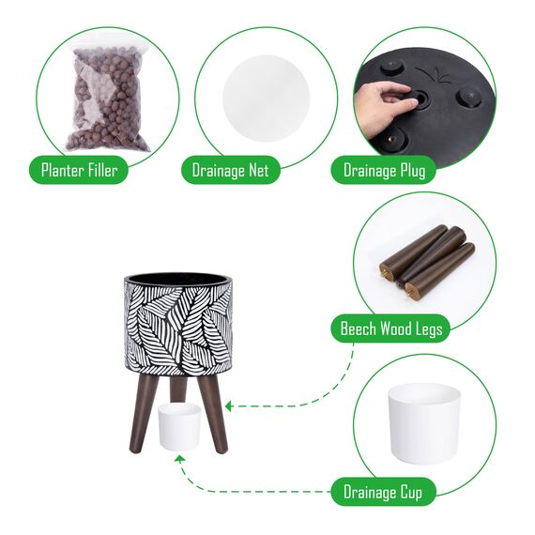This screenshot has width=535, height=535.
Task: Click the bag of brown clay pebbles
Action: pyautogui.click(x=108, y=99)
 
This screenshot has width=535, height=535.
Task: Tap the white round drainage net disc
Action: pyautogui.click(x=267, y=98)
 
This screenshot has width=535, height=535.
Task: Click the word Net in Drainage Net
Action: pyautogui.click(x=258, y=170)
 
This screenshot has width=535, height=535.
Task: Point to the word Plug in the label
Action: pyautogui.click(x=413, y=171)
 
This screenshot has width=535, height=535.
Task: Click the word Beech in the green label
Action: pyautogui.click(x=359, y=329)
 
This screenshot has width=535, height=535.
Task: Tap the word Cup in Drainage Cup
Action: pyautogui.click(x=411, y=493)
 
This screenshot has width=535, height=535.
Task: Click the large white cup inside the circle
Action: pyautogui.click(x=424, y=423)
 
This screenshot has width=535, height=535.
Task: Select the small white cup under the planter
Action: pyautogui.click(x=179, y=426)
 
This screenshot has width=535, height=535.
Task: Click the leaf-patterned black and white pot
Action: pyautogui.click(x=177, y=324)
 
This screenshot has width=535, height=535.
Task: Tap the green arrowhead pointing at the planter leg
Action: pyautogui.click(x=229, y=406)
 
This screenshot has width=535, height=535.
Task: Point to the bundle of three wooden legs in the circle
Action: pyautogui.click(x=427, y=262)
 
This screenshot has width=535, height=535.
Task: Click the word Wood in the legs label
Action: pyautogui.click(x=396, y=329)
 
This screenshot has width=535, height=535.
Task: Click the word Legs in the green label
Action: pyautogui.click(x=429, y=329)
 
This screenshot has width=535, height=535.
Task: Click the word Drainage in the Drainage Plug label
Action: pyautogui.click(x=370, y=171)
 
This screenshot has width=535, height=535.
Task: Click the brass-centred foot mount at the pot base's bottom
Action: pyautogui.click(x=391, y=138)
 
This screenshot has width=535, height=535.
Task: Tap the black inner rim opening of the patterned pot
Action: pyautogui.click(x=177, y=277)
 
